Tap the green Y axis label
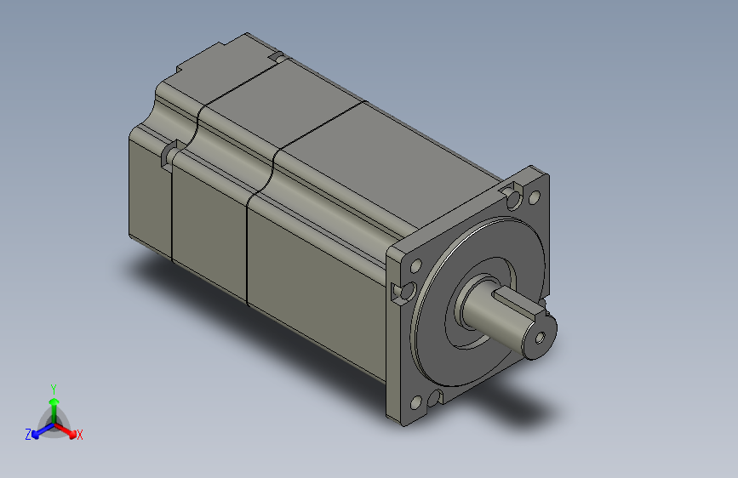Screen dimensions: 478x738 pyautogui.click(x=53, y=387)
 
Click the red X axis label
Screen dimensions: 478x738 pyautogui.click(x=80, y=435)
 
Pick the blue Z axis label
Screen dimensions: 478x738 pyautogui.click(x=27, y=435)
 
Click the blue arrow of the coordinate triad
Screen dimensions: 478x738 pyautogui.click(x=38, y=430)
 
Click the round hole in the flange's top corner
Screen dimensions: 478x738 pyautogui.click(x=535, y=197)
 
